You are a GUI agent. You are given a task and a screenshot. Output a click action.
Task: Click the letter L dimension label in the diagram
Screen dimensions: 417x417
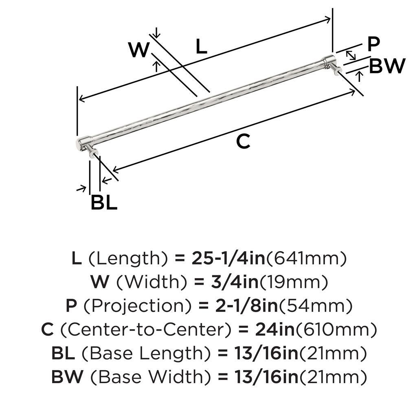[x=201, y=46]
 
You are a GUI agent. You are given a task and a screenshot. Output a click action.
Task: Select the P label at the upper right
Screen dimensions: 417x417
[x=374, y=44]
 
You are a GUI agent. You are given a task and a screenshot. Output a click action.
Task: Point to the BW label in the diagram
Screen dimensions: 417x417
[x=387, y=66]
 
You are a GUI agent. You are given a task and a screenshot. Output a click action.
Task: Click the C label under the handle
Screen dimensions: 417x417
[x=243, y=141]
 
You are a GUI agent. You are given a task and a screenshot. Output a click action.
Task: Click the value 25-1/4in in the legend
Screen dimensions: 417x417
[x=228, y=258]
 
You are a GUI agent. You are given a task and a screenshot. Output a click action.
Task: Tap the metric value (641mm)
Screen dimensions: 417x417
[x=306, y=259]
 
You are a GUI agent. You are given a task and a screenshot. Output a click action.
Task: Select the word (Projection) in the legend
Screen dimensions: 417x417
[x=137, y=306]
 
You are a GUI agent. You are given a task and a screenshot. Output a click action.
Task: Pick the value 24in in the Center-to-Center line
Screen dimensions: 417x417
[x=275, y=329]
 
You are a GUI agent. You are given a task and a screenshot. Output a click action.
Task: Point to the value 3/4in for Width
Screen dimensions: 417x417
[x=235, y=282]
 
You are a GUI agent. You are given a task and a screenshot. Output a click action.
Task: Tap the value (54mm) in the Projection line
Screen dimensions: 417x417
[x=315, y=306]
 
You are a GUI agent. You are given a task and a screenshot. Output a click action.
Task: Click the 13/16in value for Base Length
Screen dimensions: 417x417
[x=266, y=353]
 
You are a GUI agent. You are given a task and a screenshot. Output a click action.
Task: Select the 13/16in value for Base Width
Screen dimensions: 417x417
[x=266, y=377]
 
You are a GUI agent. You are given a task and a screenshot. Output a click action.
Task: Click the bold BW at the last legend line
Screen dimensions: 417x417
[x=67, y=377]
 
